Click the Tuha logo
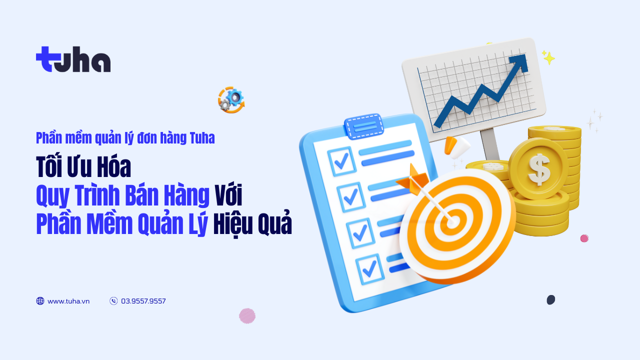[x=73, y=59]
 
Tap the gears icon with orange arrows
[x=231, y=100]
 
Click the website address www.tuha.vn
[x=68, y=301]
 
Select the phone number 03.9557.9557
[x=143, y=301]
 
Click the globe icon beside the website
[x=40, y=301]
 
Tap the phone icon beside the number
[x=113, y=301]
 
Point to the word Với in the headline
[x=228, y=195]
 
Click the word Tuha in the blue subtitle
[x=202, y=138]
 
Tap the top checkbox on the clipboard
[x=341, y=161]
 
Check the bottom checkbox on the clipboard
[x=369, y=269]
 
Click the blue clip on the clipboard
[x=363, y=127]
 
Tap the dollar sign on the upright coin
[x=539, y=169]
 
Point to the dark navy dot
[x=551, y=299]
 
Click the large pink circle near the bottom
[x=247, y=315]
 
